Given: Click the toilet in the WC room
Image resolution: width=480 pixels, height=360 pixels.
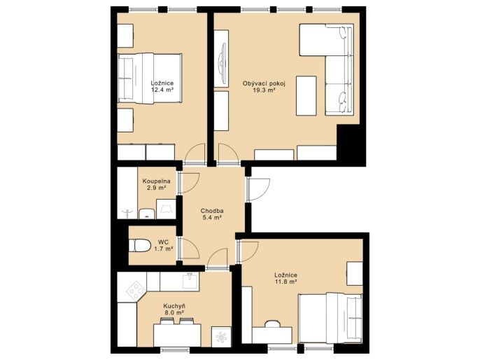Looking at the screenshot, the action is (139, 246).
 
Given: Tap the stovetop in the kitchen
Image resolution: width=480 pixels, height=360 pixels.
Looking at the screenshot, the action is (135, 290).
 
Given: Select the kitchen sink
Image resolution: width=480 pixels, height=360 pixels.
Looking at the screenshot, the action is (191, 281).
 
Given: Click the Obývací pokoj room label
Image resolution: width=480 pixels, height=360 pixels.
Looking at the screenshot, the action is (264, 83).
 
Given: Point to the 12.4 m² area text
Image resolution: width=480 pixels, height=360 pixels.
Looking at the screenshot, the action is (162, 90).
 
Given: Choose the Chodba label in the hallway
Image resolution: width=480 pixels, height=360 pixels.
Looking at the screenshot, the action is (212, 211).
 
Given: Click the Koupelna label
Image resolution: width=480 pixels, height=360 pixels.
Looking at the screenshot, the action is (157, 181).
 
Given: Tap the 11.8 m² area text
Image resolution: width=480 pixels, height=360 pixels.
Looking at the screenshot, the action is (285, 282).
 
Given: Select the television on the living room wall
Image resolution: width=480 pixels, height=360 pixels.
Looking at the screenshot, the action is (222, 59).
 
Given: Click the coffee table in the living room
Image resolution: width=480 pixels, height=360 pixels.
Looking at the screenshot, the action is (306, 96).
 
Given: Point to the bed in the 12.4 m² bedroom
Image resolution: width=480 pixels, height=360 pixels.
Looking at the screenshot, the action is (150, 78).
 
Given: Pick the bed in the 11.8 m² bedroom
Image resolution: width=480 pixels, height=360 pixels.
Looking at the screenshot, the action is (330, 319).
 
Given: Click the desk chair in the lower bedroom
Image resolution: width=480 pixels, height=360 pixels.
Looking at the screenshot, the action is (273, 324).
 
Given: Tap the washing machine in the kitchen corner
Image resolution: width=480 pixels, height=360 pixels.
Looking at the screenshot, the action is (221, 337).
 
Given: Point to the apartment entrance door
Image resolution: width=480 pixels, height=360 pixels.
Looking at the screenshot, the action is (259, 190).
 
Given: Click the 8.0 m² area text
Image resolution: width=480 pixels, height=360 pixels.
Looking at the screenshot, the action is (174, 313).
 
